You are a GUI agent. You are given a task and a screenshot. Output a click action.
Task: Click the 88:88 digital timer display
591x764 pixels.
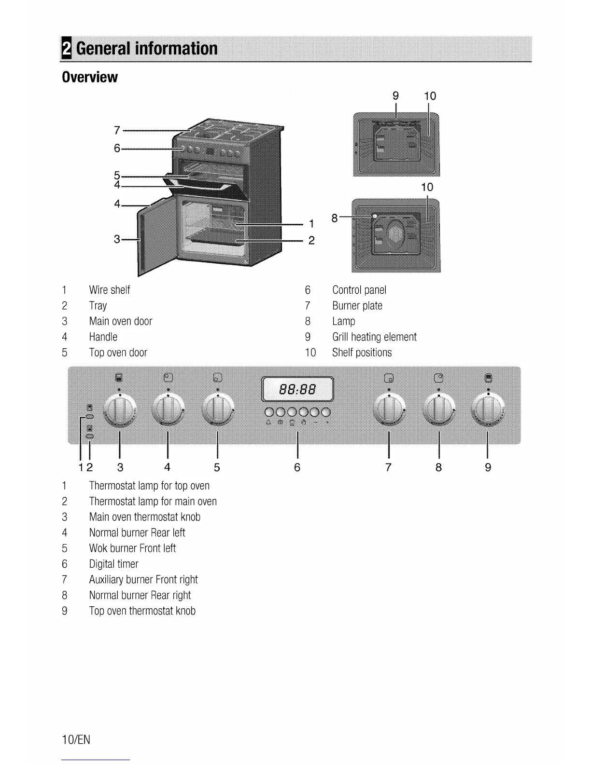click(x=297, y=389)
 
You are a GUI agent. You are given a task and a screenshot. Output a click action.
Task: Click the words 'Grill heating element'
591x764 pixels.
click(x=374, y=337)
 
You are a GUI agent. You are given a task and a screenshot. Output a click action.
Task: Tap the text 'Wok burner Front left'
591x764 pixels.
click(x=132, y=548)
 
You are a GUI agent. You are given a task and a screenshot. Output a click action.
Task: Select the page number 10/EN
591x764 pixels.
click(x=76, y=740)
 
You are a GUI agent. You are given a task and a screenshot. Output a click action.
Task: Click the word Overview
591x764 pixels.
click(x=90, y=77)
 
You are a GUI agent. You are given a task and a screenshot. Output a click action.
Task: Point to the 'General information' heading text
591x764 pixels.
click(x=147, y=49)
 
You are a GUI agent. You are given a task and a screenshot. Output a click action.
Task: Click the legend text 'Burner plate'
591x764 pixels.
click(x=357, y=306)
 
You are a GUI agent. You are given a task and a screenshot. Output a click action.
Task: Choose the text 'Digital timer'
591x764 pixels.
click(x=113, y=564)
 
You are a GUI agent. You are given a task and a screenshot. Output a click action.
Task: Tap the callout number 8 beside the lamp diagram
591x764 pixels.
click(x=335, y=218)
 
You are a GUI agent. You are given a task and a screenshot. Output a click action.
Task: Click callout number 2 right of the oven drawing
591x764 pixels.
click(x=311, y=240)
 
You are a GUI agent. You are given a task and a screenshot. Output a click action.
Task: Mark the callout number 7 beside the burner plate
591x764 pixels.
click(x=117, y=130)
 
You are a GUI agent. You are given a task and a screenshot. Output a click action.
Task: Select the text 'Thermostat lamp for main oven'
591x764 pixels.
click(x=153, y=502)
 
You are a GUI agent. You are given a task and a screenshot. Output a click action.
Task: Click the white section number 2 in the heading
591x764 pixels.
click(x=66, y=49)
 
